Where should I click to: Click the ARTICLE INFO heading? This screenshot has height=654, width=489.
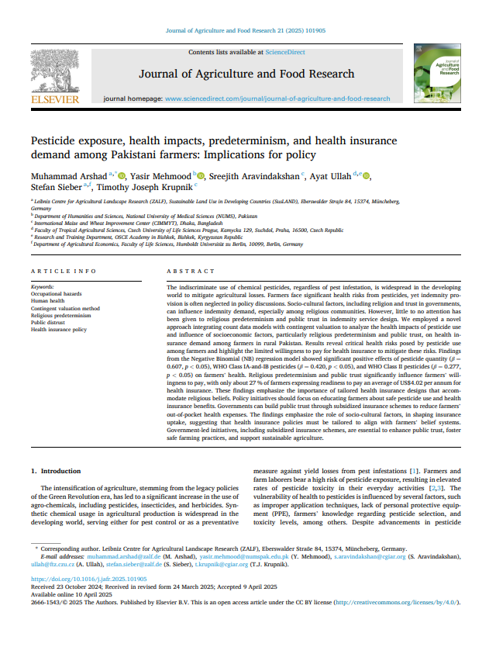pyautogui.click(x=64, y=271)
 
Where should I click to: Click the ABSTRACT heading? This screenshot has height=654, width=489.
pyautogui.click(x=191, y=271)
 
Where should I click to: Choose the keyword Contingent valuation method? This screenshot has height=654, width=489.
pyautogui.click(x=65, y=309)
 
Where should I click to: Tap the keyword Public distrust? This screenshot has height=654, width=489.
pyautogui.click(x=49, y=323)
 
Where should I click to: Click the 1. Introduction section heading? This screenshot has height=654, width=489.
pyautogui.click(x=59, y=471)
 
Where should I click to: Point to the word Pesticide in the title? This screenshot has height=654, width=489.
pyautogui.click(x=54, y=140)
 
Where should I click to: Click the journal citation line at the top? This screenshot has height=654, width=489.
pyautogui.click(x=244, y=31)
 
